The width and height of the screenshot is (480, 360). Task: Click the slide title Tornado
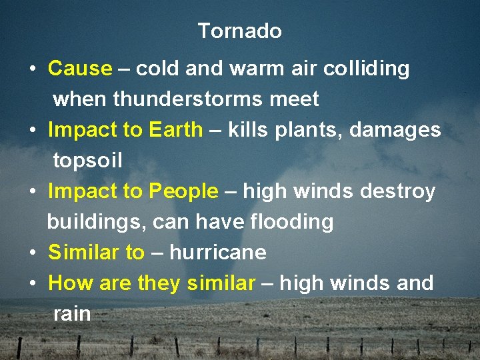point(239,31)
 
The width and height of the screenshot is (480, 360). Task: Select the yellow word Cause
point(80,68)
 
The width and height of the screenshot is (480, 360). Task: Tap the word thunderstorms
point(189,99)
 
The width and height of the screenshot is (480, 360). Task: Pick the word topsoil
point(87,161)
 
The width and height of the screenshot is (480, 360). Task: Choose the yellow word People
point(183,191)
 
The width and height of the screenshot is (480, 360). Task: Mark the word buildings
point(97,222)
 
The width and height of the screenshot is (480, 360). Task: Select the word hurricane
point(218,253)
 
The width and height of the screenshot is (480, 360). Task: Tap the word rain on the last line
point(72,314)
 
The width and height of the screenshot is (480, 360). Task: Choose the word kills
point(248,129)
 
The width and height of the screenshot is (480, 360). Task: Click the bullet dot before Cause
point(33,69)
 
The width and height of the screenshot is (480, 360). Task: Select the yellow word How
point(71,283)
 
